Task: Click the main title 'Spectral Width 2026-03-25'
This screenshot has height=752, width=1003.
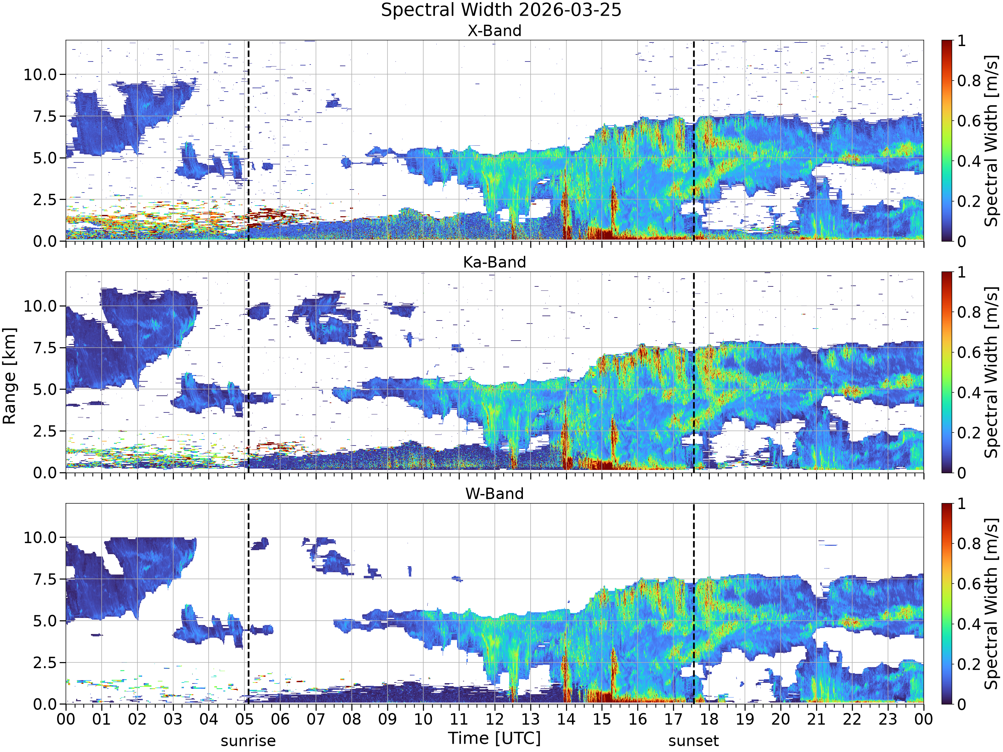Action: (x=501, y=10)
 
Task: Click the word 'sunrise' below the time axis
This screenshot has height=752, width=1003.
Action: (x=248, y=741)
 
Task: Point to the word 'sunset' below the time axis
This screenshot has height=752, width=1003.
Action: (x=693, y=741)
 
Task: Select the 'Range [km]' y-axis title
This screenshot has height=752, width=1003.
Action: (x=9, y=376)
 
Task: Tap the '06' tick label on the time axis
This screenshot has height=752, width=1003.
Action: (x=280, y=719)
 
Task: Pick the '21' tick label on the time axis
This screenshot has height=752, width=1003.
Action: (x=816, y=719)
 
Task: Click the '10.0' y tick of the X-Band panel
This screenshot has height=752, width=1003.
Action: (x=40, y=74)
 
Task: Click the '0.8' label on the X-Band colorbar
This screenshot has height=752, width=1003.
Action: (x=969, y=81)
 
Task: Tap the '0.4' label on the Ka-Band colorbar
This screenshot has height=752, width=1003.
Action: (x=969, y=393)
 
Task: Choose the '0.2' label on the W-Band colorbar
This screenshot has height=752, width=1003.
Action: (x=969, y=664)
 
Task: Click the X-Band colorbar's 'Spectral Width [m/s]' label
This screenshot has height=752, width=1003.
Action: (x=991, y=140)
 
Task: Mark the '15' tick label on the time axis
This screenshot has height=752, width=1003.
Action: (x=602, y=719)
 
